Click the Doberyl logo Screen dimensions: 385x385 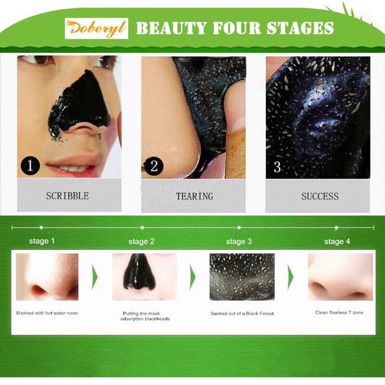(x=97, y=28)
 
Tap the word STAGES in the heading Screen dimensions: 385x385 (x=300, y=28)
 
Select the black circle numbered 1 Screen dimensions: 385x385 (x=30, y=166)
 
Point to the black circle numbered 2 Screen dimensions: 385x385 (x=154, y=166)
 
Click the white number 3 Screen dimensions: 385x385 (x=277, y=167)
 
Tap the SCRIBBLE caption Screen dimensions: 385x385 (x=67, y=196)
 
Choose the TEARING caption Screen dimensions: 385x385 (x=194, y=196)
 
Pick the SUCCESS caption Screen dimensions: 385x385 (x=320, y=196)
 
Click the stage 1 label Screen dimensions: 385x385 (x=42, y=241)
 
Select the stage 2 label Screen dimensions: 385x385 (x=141, y=242)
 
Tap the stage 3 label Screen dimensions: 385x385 (x=239, y=242)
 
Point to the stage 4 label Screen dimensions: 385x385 (x=337, y=242)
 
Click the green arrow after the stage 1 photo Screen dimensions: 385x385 (x=95, y=277)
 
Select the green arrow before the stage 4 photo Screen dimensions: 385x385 (x=291, y=277)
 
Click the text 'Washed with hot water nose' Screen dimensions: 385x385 (x=47, y=313)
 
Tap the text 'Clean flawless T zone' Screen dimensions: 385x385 (x=339, y=312)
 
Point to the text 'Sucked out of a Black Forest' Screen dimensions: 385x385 (x=242, y=313)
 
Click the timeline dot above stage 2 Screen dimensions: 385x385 (x=142, y=228)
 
